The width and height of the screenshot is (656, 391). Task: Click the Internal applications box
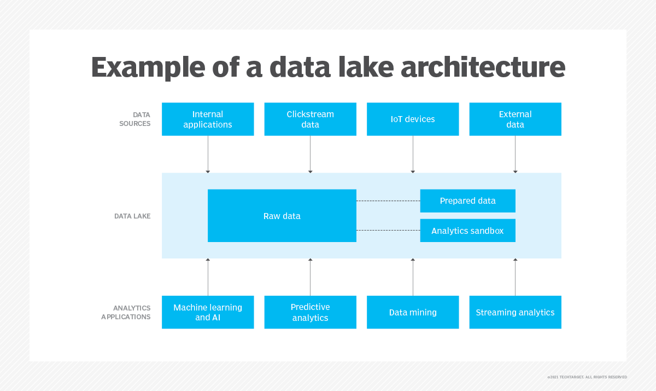coord(208,119)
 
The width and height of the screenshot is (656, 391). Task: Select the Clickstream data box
coord(311,119)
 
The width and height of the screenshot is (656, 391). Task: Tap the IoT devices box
coord(413,119)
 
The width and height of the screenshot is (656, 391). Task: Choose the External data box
coord(516,119)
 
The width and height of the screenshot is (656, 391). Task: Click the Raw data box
coord(282,216)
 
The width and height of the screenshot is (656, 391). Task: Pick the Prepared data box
coord(468,201)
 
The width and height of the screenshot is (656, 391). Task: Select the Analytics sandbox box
coord(468,231)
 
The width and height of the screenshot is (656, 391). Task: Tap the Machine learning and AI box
coord(208,312)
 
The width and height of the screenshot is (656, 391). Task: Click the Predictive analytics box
coord(311,312)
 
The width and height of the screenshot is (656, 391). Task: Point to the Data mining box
coord(413,312)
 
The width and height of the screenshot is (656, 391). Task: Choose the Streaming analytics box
coord(516,312)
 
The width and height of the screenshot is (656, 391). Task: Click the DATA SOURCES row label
coord(135,119)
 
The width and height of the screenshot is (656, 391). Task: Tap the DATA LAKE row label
coord(132,216)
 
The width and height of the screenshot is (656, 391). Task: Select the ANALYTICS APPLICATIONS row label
coord(126,312)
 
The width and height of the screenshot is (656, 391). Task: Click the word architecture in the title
coord(483,67)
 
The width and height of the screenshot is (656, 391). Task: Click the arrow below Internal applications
coord(208,154)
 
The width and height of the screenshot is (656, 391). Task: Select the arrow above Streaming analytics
coord(516,277)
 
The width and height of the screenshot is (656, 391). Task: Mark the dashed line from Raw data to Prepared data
coord(388,201)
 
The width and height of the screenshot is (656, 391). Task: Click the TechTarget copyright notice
coord(587,377)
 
